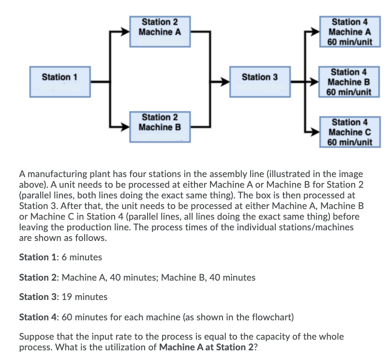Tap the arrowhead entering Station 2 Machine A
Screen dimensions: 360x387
click(125, 32)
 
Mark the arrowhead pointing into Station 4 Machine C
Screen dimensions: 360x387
click(316, 132)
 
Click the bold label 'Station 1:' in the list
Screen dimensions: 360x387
click(37, 257)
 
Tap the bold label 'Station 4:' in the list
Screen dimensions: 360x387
click(37, 317)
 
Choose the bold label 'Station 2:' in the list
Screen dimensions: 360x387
click(37, 277)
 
